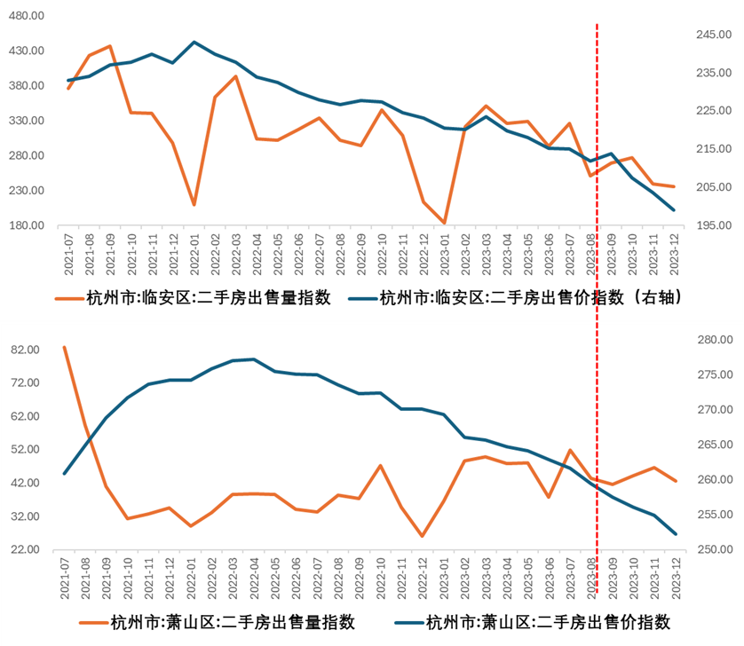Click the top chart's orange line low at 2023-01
pyautogui.click(x=444, y=223)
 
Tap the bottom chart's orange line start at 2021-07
pyautogui.click(x=65, y=347)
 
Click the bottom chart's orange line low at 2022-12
pyautogui.click(x=423, y=536)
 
